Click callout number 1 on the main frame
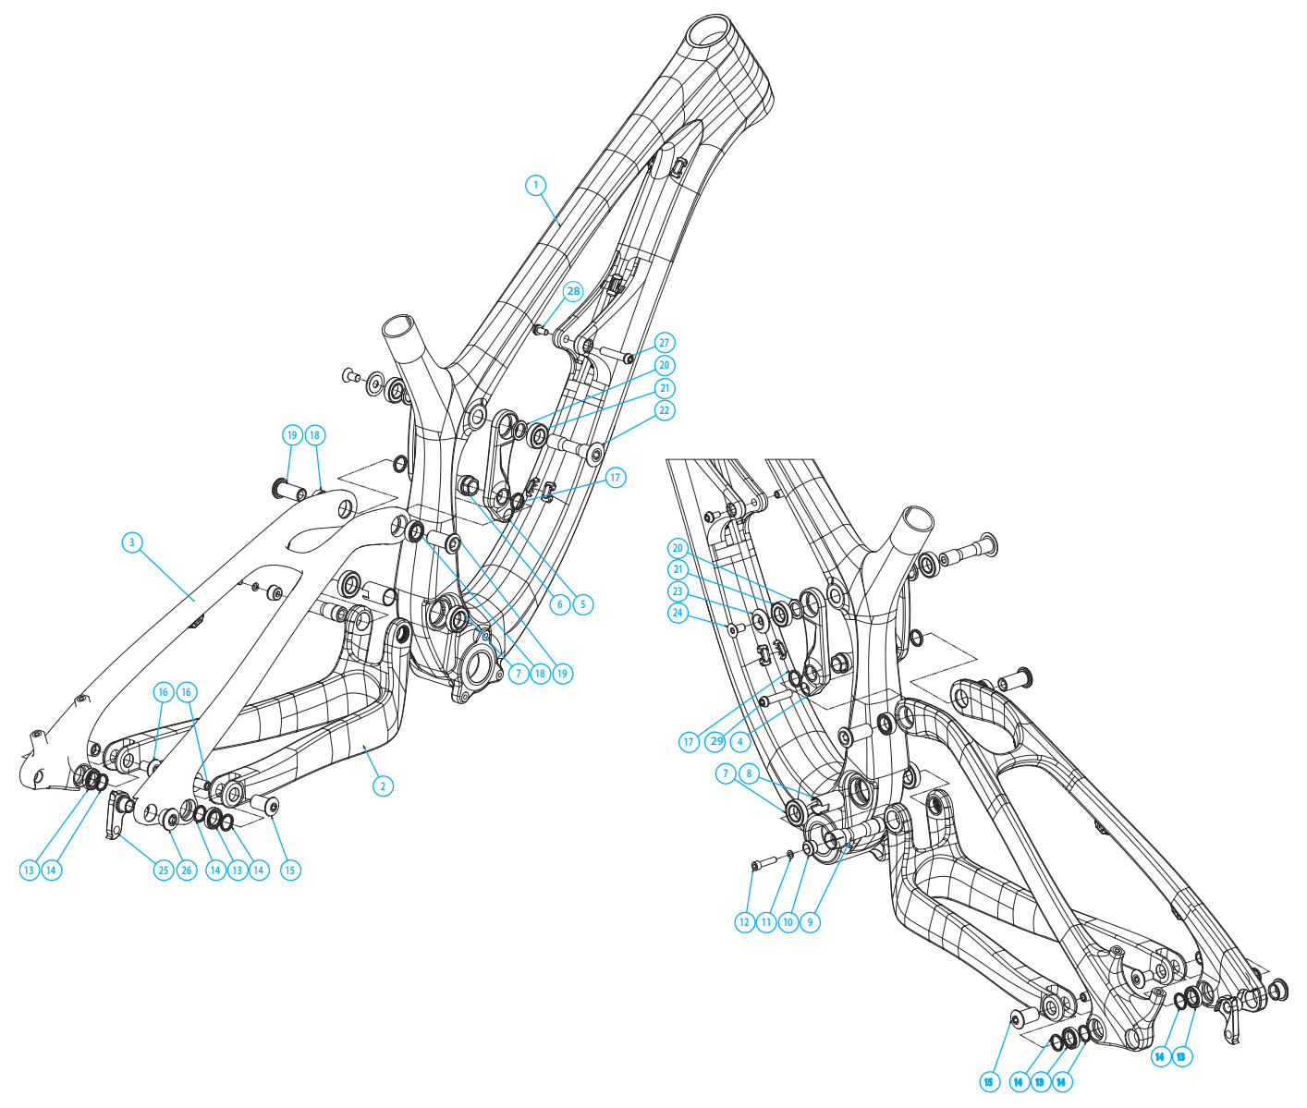click(x=535, y=185)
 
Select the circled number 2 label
click(x=383, y=786)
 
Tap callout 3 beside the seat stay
click(x=131, y=542)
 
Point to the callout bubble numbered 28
click(x=573, y=291)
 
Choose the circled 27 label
click(x=664, y=343)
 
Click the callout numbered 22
click(x=664, y=410)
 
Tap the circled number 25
click(x=163, y=871)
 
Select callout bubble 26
click(x=186, y=871)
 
